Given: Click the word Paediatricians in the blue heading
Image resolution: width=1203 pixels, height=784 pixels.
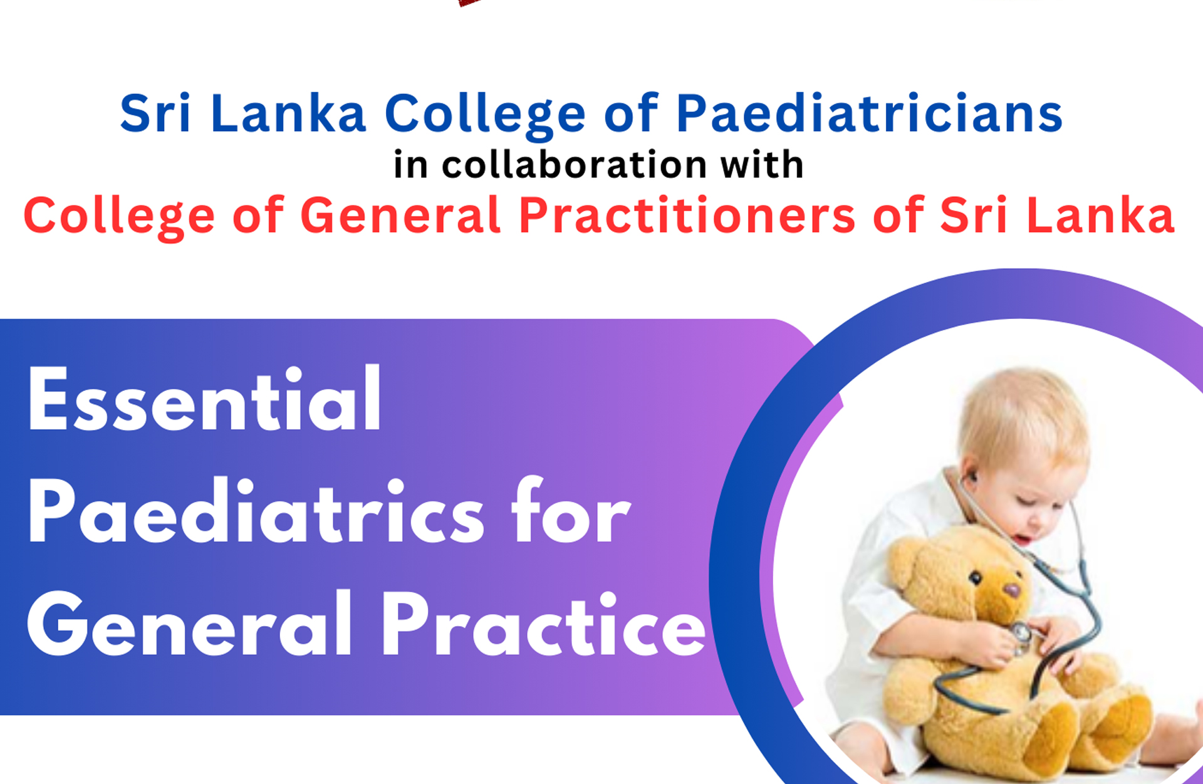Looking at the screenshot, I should [868, 114].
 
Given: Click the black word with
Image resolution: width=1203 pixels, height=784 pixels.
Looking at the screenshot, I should [761, 165].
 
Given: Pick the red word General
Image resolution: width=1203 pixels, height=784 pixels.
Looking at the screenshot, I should [400, 216].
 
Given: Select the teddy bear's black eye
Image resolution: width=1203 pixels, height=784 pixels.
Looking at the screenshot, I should [975, 577].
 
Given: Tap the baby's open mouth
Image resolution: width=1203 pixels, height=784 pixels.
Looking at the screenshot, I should [1023, 539].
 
